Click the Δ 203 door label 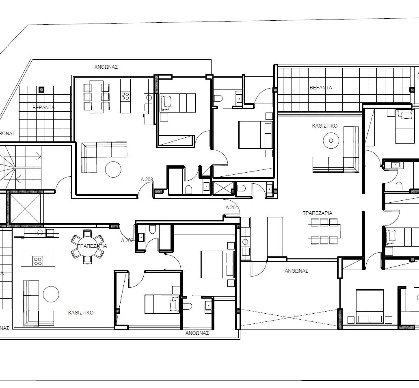147,179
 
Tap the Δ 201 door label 231,208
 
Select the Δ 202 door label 127,240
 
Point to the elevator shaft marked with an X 25,208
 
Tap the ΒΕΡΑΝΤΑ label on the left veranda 43,108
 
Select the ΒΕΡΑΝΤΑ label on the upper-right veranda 321,87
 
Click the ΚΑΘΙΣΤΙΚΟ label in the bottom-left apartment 81,313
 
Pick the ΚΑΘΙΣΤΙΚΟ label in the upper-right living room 325,126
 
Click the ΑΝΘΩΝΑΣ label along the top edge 106,67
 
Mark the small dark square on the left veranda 41,90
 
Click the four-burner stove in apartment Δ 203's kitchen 125,96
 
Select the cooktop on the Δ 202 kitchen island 38,260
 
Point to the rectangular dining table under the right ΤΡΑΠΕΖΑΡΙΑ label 323,231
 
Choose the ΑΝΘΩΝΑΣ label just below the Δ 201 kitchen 296,271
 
